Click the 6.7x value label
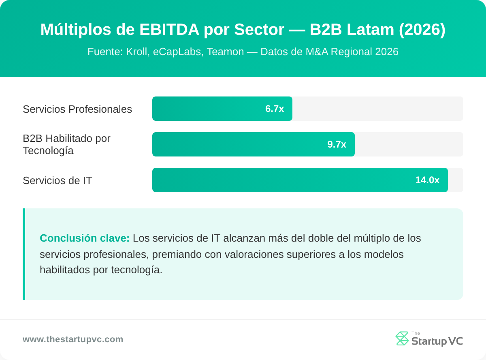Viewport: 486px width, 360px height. [x=275, y=109]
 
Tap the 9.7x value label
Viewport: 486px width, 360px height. [x=337, y=144]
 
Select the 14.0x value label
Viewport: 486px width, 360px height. [x=427, y=180]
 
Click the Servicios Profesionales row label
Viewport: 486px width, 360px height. [x=77, y=109]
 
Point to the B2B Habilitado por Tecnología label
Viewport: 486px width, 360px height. [x=66, y=144]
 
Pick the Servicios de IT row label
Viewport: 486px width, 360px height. [x=58, y=180]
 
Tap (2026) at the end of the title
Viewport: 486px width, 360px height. [x=422, y=30]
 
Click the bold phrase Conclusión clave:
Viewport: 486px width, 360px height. [x=85, y=238]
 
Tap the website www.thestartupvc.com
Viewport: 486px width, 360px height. [x=73, y=339]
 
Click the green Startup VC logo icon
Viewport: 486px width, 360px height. [x=402, y=339]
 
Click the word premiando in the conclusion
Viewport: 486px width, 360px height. [x=179, y=254]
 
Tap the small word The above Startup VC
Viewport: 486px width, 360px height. [x=416, y=333]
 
